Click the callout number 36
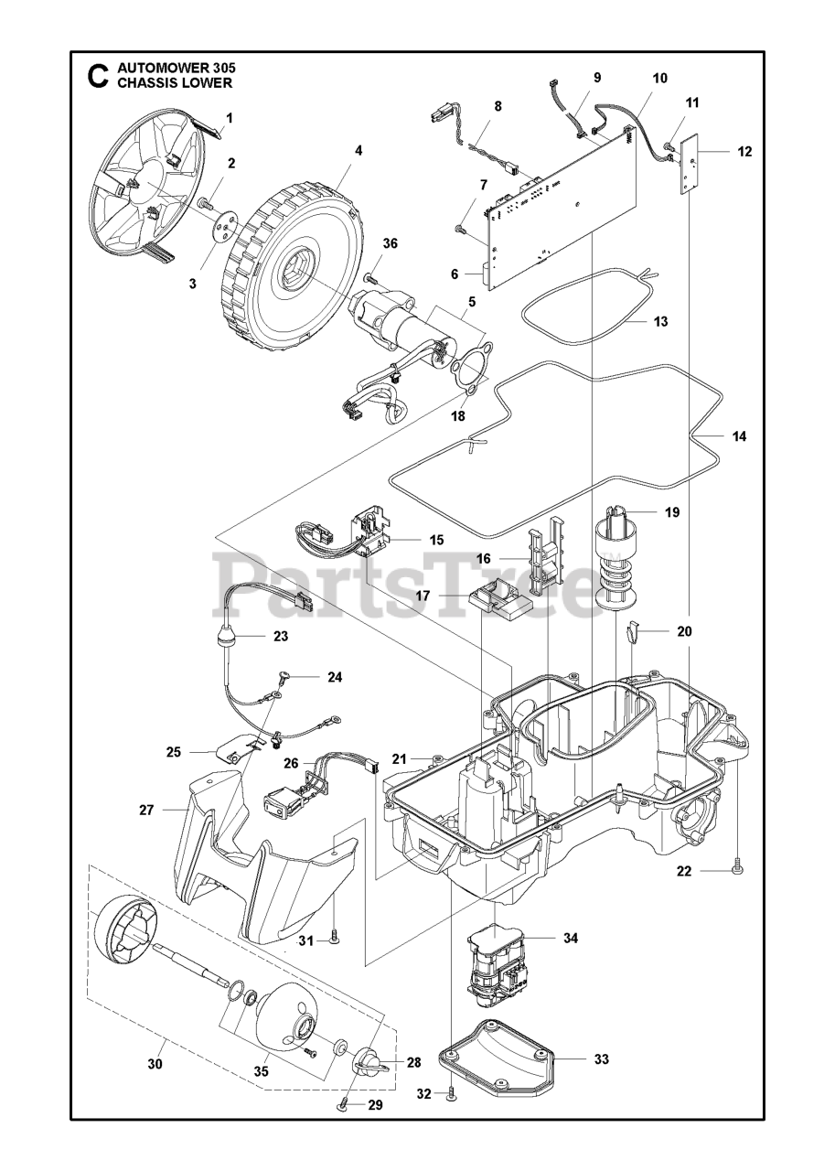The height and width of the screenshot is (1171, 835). click(x=391, y=243)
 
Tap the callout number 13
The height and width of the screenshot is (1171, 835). click(x=661, y=321)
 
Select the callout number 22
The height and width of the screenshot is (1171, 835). click(x=685, y=871)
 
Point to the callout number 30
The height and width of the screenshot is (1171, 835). click(x=155, y=1064)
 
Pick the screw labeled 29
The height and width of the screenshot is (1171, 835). click(x=343, y=1105)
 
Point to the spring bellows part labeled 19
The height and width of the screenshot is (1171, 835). click(x=618, y=558)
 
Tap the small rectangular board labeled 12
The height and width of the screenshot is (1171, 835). click(x=693, y=162)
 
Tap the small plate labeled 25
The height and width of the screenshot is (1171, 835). click(x=242, y=750)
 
